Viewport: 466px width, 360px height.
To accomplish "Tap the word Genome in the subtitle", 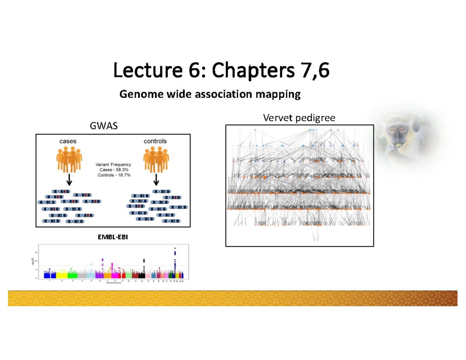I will pyautogui.click(x=136, y=94).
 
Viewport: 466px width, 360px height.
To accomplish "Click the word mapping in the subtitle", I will pyautogui.click(x=282, y=94).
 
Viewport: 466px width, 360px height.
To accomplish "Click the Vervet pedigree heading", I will pyautogui.click(x=299, y=118).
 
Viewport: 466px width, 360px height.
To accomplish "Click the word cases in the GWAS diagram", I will pyautogui.click(x=68, y=141).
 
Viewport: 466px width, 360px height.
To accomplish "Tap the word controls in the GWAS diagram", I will pyautogui.click(x=155, y=141).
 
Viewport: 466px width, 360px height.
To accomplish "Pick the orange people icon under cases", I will pyautogui.click(x=69, y=159).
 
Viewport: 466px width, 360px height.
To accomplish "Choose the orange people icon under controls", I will pyautogui.click(x=156, y=159).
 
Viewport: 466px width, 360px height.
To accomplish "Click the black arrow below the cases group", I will pyautogui.click(x=69, y=180).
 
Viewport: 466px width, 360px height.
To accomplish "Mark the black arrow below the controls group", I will pyautogui.click(x=156, y=180).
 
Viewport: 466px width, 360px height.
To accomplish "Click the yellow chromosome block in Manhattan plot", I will pyautogui.click(x=61, y=275).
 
